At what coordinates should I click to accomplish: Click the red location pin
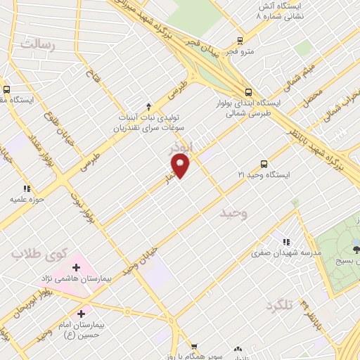[x=181, y=166]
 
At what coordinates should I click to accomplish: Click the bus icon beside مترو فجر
[x=240, y=41]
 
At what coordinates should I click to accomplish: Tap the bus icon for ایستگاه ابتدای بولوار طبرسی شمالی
[x=247, y=91]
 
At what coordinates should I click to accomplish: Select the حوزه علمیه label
[x=27, y=200]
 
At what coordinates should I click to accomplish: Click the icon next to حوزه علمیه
[x=27, y=188]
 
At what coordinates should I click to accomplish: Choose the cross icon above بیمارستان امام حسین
[x=82, y=313]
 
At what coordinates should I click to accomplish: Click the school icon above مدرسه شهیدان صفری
[x=285, y=240]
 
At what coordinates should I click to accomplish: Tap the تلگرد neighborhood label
[x=278, y=307]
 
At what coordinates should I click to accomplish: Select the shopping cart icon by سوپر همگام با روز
[x=194, y=347]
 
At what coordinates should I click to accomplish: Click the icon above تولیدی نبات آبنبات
[x=148, y=105]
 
